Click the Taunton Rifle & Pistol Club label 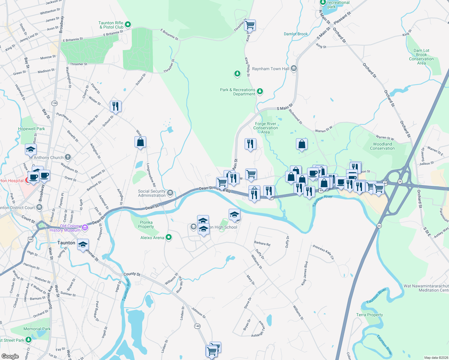[111, 25]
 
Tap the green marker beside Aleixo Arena [169, 238]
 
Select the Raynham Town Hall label [270, 69]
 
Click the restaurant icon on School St [116, 106]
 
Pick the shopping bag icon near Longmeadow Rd [140, 142]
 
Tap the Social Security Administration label [152, 193]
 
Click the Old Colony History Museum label [65, 228]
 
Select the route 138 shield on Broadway [54, 103]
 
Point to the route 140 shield [197, 326]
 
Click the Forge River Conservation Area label [266, 128]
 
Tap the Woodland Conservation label [382, 146]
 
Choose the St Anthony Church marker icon [68, 157]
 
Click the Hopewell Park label [32, 129]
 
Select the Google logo [10, 356]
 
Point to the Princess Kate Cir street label [323, 252]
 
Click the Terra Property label [369, 315]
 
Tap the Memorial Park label [37, 329]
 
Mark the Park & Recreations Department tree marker [260, 91]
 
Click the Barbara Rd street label [262, 243]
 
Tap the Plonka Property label [146, 224]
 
